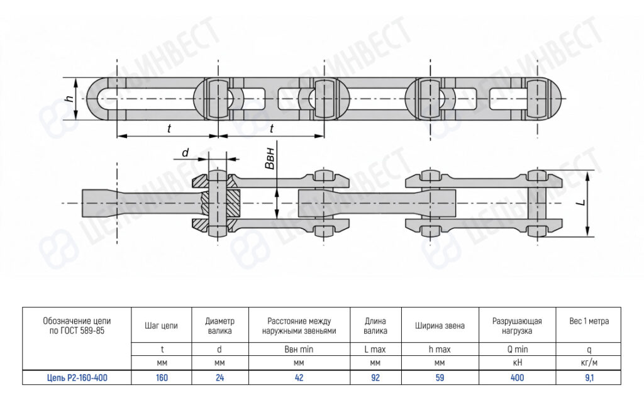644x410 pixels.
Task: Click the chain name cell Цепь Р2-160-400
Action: (77, 377)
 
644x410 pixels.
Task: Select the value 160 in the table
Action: (162, 377)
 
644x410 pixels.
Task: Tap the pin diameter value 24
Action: (219, 377)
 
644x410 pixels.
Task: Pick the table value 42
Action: (299, 377)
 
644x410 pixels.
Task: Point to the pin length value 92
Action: (375, 377)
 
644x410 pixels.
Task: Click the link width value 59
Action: (440, 377)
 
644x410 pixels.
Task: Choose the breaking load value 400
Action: (517, 377)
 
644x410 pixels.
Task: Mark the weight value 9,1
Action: (589, 377)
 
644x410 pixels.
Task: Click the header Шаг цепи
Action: (161, 326)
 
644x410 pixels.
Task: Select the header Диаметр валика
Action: (219, 326)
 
